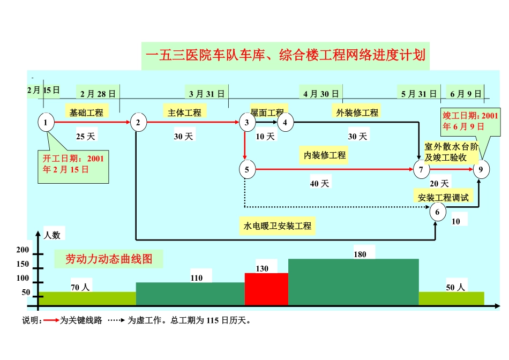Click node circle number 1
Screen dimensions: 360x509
click(46, 123)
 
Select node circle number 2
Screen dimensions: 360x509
click(138, 123)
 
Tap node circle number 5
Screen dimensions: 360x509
click(247, 170)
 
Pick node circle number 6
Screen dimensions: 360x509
click(438, 213)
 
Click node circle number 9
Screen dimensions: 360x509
click(481, 170)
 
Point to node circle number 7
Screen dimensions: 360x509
click(422, 170)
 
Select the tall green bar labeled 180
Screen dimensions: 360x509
click(353, 282)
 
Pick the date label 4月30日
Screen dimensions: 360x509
click(321, 94)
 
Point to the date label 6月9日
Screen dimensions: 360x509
click(465, 94)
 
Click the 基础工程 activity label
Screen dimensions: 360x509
click(86, 112)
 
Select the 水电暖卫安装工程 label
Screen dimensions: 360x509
click(278, 226)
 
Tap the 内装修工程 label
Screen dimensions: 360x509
click(325, 155)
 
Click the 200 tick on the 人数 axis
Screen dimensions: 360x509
click(23, 250)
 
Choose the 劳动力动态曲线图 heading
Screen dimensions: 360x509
click(109, 259)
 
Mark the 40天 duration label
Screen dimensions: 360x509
click(320, 184)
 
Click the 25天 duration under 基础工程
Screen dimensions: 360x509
click(85, 137)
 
